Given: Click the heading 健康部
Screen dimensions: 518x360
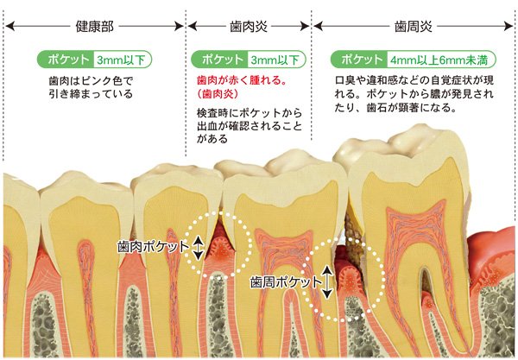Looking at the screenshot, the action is click(94, 27).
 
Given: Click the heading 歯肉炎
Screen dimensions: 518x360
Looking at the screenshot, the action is click(249, 27).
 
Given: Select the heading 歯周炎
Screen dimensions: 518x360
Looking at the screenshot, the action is click(414, 27).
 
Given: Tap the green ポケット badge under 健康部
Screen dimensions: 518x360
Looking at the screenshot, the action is click(66, 60).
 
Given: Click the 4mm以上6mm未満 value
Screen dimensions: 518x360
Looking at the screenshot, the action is click(439, 60).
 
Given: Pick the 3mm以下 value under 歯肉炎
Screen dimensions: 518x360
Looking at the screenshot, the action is click(275, 60).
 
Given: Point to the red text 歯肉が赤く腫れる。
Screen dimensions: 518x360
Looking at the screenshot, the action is click(242, 80).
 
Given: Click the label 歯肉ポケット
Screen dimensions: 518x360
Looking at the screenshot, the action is click(153, 247).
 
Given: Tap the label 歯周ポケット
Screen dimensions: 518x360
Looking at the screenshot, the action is click(286, 282).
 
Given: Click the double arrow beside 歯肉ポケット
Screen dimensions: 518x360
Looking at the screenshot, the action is click(198, 247).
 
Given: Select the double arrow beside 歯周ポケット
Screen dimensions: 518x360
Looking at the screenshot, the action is click(327, 282).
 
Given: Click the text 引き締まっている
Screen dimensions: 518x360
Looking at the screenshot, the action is click(91, 94).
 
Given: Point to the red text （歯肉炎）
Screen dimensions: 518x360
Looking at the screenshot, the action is click(218, 94).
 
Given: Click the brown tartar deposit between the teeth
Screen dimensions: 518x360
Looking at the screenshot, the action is click(355, 240).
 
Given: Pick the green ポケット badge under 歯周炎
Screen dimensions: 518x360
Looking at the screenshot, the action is click(359, 60).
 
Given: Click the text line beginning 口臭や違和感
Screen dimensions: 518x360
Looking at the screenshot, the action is click(414, 80).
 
